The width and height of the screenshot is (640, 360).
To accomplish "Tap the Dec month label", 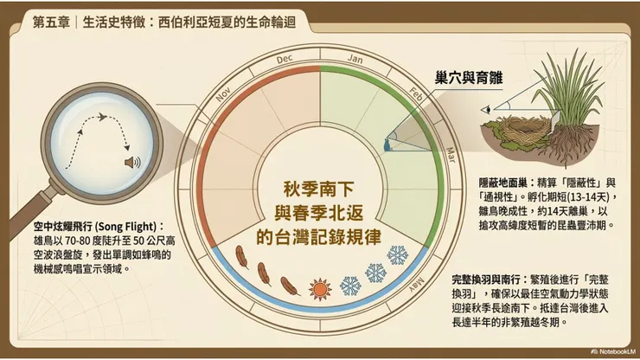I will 285,59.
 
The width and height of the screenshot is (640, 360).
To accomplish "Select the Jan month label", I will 355,59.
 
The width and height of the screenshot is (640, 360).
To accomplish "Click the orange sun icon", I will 321,287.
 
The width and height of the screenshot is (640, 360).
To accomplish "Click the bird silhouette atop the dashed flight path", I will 101,117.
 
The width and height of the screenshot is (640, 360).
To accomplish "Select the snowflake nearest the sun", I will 350,285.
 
